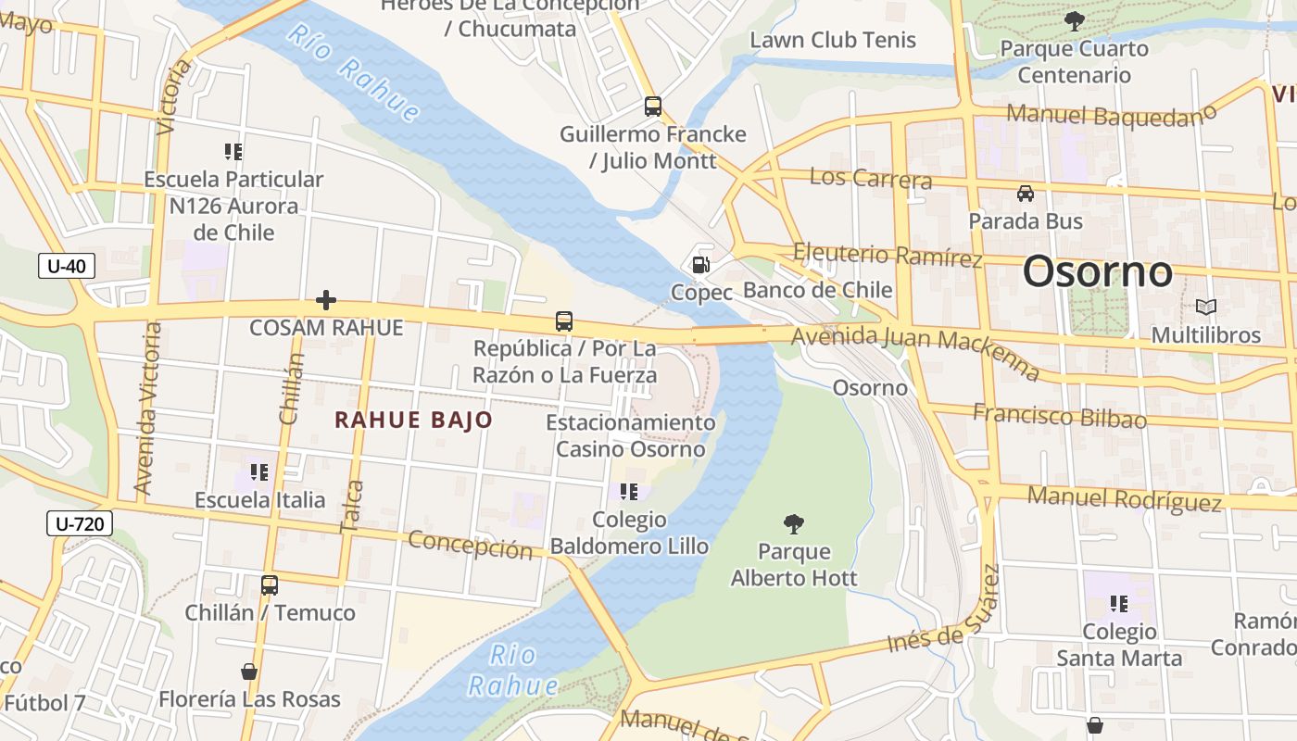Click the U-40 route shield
tap(67, 267)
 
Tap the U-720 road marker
tap(80, 524)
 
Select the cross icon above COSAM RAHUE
tap(325, 300)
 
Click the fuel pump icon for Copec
tap(701, 265)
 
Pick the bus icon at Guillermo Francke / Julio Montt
tap(653, 107)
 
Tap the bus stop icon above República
tap(564, 321)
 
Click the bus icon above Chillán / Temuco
tap(270, 585)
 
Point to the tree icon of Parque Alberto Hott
tap(794, 524)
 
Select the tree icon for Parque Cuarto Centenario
tap(1075, 21)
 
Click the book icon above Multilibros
tap(1205, 307)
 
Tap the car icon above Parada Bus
tap(1026, 194)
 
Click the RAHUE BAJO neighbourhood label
tap(413, 420)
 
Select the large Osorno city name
tap(1098, 272)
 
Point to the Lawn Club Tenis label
tap(833, 40)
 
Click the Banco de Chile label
tap(817, 290)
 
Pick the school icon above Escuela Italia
tap(259, 472)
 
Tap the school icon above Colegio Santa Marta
tap(1119, 604)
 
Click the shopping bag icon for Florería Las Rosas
tap(248, 672)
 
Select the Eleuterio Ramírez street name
tap(888, 255)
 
